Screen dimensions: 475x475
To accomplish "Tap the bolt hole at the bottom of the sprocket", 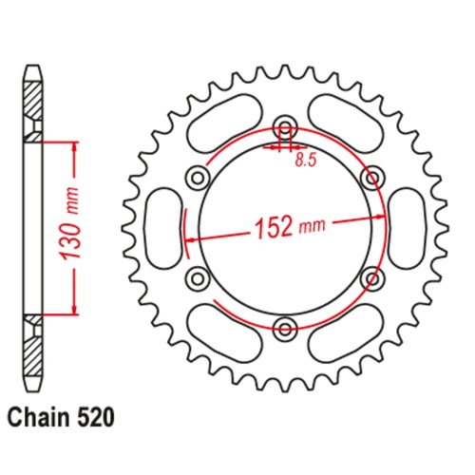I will pos(285,329).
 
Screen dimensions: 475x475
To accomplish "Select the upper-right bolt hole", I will pos(371,177).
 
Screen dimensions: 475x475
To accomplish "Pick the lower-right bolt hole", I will pos(371,278).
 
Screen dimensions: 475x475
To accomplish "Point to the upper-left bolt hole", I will pos(198,177).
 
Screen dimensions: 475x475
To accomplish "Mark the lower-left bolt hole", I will pos(198,278).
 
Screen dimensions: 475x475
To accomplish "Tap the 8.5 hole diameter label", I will pos(304,161).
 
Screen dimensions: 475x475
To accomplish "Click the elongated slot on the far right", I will pos(409,228).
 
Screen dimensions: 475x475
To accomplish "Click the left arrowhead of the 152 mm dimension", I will pos(190,240).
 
